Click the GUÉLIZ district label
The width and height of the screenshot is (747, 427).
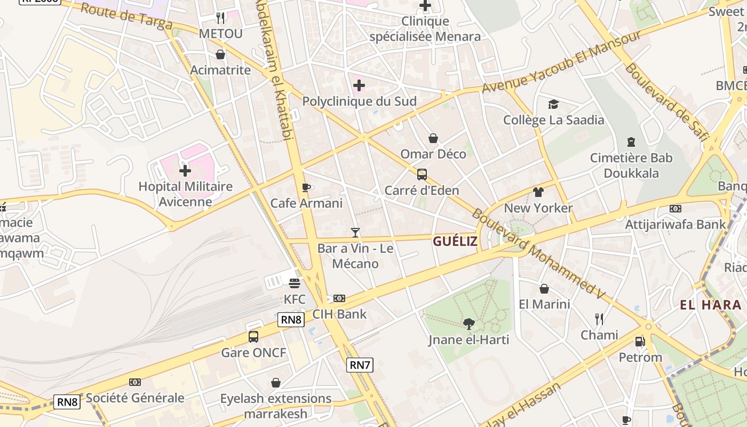(455, 241)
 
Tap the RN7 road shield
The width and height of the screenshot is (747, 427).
(360, 365)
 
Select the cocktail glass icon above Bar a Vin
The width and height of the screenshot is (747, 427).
(355, 232)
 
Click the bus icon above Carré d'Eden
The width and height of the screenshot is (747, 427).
(422, 174)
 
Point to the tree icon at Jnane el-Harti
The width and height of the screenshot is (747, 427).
(468, 323)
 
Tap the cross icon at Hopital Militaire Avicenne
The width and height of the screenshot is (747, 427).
(185, 171)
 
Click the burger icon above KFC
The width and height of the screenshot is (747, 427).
(295, 283)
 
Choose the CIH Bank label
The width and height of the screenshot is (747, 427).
(339, 314)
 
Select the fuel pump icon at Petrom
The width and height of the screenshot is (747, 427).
(640, 341)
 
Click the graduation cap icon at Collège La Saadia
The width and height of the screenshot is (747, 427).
(553, 104)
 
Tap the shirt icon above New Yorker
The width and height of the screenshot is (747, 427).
(538, 192)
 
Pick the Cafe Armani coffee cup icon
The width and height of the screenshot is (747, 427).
(306, 187)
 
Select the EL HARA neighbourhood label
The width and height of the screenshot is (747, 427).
(710, 305)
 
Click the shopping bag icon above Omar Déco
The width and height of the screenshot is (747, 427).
(433, 138)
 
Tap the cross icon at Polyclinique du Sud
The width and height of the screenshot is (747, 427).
(359, 85)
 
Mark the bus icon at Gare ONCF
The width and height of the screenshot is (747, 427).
(253, 337)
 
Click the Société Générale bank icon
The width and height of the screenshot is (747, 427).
(135, 382)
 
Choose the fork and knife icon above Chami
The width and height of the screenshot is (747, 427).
(599, 319)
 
